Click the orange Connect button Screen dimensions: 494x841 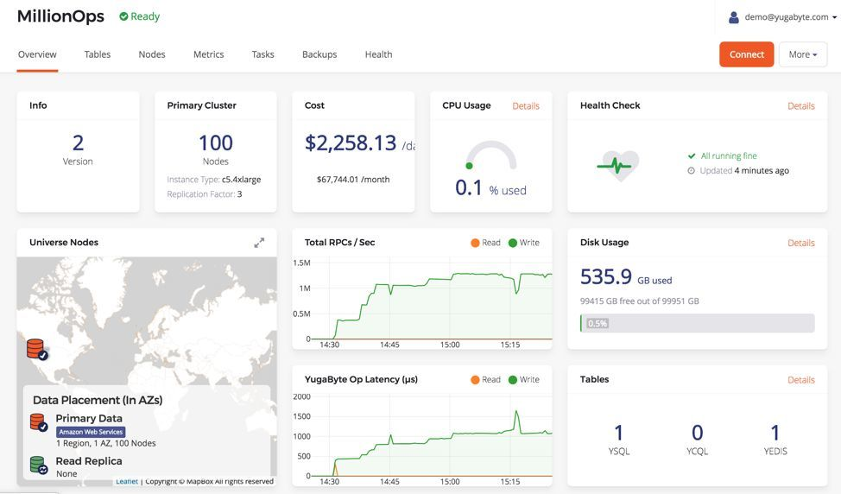click(x=746, y=54)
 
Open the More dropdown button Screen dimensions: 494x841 click(x=802, y=54)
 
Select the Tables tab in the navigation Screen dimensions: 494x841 click(x=98, y=54)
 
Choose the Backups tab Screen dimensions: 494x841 click(x=319, y=54)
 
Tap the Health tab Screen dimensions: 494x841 click(x=378, y=54)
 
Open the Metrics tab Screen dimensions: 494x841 click(x=208, y=54)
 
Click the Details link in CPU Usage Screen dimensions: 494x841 click(x=526, y=106)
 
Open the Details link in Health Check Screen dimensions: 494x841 click(x=800, y=106)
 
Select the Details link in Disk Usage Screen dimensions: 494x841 click(x=800, y=243)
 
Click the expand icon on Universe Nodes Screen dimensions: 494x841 click(x=259, y=243)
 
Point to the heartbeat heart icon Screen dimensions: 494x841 click(x=619, y=163)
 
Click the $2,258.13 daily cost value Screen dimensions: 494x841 click(x=351, y=143)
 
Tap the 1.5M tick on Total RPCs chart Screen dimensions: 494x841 click(x=301, y=263)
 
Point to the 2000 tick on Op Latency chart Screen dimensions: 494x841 click(x=301, y=396)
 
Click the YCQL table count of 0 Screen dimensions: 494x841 click(x=697, y=434)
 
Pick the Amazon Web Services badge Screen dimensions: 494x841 click(x=91, y=432)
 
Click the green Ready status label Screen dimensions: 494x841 click(x=140, y=16)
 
